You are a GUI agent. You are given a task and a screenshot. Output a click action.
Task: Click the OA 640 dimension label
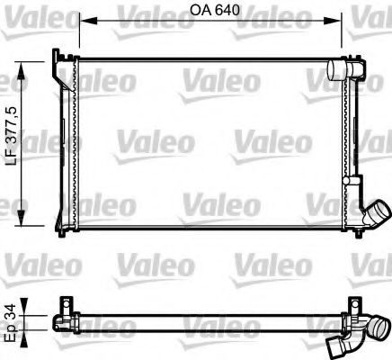(210, 12)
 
